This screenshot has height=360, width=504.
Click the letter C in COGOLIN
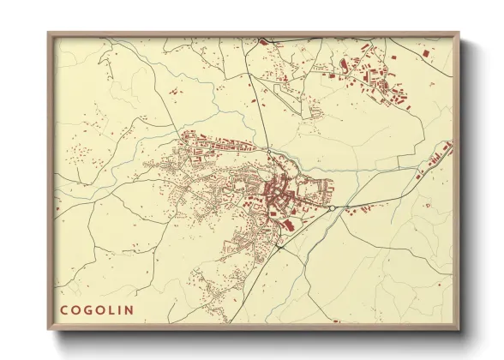(x=63, y=310)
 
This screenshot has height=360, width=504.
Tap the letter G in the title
(x=87, y=310)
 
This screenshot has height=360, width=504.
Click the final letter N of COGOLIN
(x=129, y=310)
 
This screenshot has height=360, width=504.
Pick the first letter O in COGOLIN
(x=75, y=310)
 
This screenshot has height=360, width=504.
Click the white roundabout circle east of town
(x=332, y=207)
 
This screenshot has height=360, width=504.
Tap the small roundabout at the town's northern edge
(x=268, y=152)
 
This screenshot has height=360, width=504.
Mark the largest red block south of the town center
(x=287, y=225)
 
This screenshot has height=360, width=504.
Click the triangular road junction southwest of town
(x=279, y=247)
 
